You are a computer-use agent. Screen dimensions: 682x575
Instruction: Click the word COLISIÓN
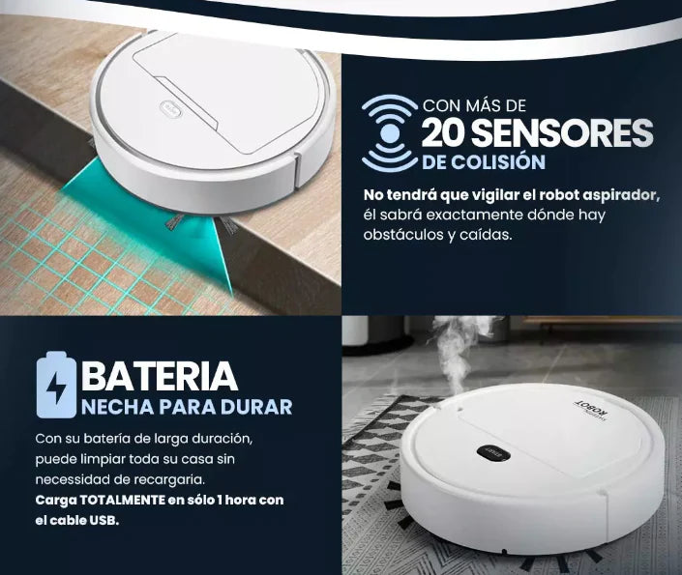[x=497, y=161]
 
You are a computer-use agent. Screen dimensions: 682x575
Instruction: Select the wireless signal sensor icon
[x=390, y=133]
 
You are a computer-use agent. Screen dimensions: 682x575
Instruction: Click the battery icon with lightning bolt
[x=56, y=385]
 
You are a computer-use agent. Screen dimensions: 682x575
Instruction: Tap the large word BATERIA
[x=160, y=375]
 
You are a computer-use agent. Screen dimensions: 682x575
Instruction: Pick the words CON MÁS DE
[x=475, y=105]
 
